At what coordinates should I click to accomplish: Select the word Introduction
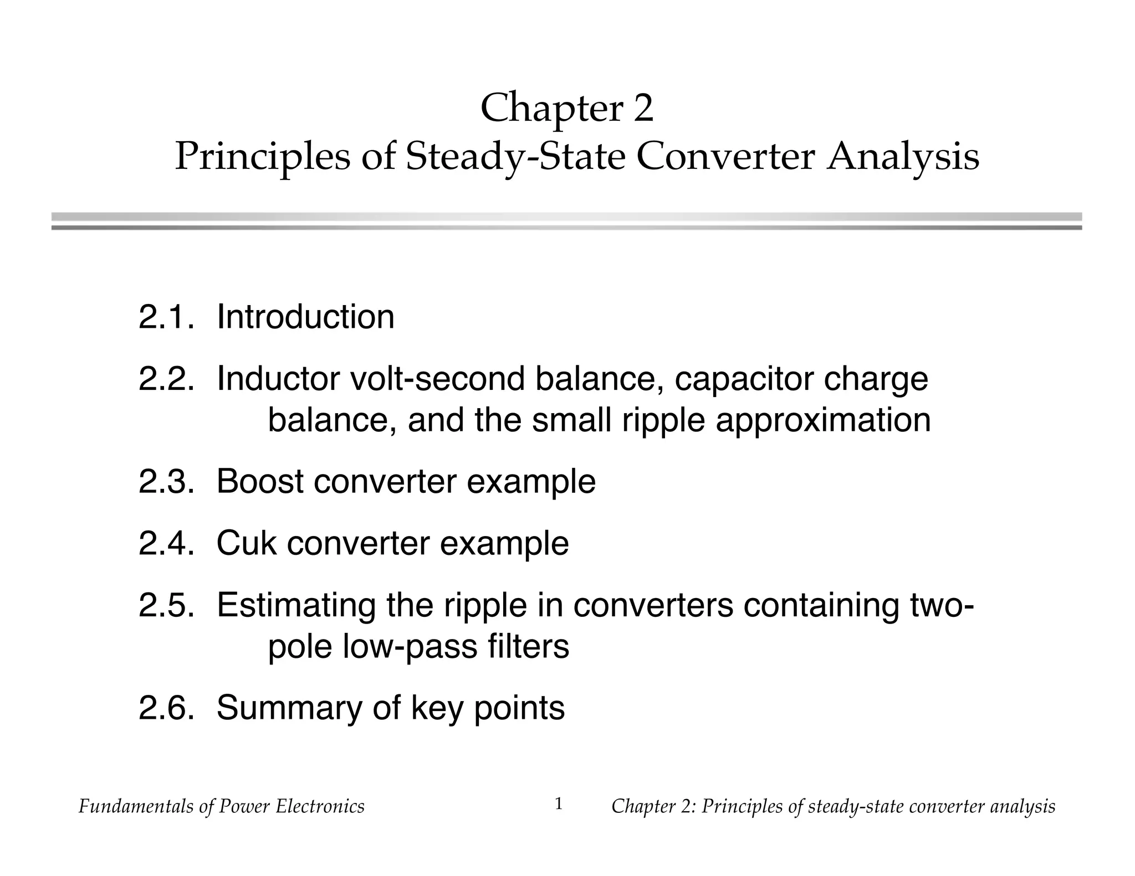[305, 317]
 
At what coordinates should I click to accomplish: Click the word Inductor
[278, 379]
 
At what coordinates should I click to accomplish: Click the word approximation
[823, 421]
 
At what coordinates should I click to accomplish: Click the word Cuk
[246, 543]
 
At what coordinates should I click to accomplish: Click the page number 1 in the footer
[559, 803]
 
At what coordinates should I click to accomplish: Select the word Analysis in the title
[903, 157]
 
